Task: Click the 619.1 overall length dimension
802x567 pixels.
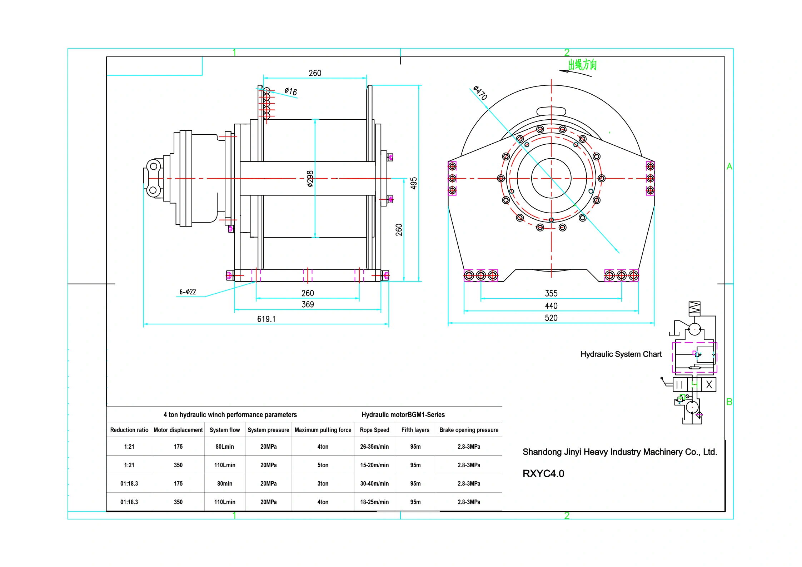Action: click(266, 319)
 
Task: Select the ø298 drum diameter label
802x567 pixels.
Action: click(310, 179)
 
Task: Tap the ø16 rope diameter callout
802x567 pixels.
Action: click(291, 91)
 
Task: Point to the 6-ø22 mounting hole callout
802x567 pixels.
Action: click(188, 292)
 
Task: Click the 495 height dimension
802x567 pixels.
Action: click(414, 183)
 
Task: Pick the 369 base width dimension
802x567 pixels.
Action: click(308, 304)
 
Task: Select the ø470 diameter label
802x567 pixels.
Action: click(480, 93)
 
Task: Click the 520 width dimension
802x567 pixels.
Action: click(551, 318)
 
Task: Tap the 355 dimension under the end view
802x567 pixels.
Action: click(551, 293)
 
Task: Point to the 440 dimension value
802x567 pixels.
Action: click(551, 306)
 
